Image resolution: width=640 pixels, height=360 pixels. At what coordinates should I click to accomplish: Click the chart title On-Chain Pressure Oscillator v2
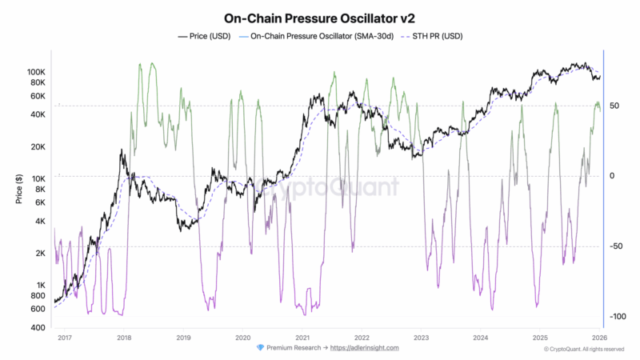(320, 18)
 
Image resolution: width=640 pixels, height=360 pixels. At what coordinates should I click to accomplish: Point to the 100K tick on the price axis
(36, 71)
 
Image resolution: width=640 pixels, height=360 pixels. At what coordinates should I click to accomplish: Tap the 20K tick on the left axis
(38, 146)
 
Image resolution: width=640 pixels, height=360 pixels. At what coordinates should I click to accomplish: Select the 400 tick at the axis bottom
(39, 328)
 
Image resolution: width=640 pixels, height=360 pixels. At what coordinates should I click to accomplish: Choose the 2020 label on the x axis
(243, 338)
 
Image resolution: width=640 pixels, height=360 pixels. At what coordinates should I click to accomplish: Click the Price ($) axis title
(18, 189)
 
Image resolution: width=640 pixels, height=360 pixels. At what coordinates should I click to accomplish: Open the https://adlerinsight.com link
(364, 348)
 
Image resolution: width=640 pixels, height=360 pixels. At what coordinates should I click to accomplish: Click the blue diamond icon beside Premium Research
(260, 348)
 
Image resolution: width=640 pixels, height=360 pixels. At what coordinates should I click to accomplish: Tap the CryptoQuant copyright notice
(583, 349)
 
